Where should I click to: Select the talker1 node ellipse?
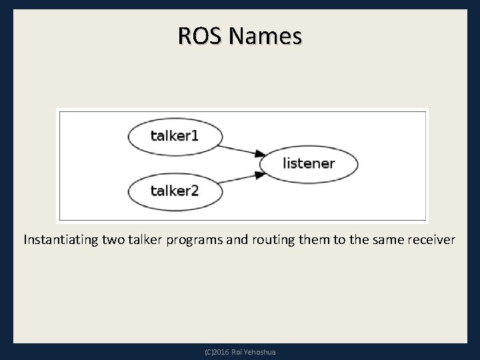pyautogui.click(x=174, y=137)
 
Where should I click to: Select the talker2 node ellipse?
pyautogui.click(x=174, y=191)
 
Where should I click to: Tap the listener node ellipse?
pyautogui.click(x=309, y=163)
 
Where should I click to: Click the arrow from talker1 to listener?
pyautogui.click(x=237, y=149)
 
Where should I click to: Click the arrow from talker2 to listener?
pyautogui.click(x=237, y=179)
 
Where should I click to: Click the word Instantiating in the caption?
pyautogui.click(x=61, y=239)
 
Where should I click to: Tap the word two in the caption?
pyautogui.click(x=115, y=239)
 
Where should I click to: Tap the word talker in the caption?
pyautogui.click(x=148, y=239)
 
